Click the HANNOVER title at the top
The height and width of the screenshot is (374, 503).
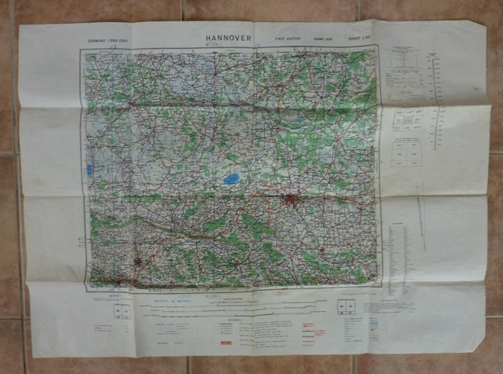[228, 36]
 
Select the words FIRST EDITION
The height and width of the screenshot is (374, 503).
[287, 38]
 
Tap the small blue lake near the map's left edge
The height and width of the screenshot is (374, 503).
[91, 169]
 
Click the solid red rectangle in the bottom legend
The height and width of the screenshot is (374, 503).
[226, 343]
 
